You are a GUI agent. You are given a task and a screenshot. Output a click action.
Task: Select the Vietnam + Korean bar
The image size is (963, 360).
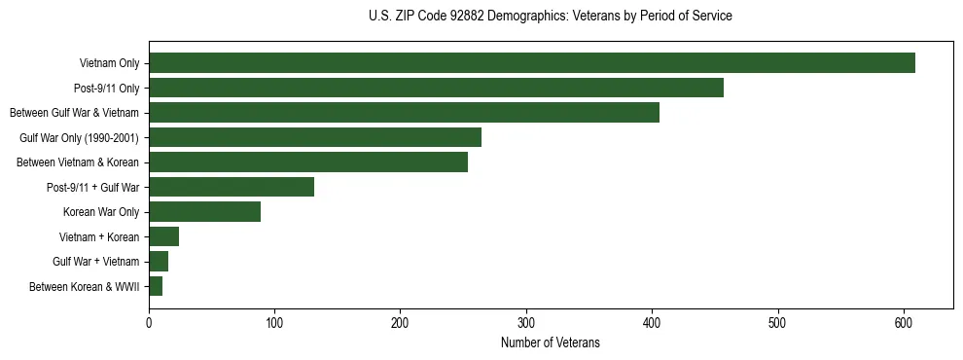coord(163,236)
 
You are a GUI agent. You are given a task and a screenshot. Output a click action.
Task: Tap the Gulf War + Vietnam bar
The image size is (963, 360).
coord(159,262)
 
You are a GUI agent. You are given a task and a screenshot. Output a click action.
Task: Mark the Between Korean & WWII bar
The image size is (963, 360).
coord(156,286)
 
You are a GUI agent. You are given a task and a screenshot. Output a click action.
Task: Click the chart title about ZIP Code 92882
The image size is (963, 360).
coord(551,17)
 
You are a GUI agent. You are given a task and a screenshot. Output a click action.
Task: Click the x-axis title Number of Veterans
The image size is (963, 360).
coord(551,343)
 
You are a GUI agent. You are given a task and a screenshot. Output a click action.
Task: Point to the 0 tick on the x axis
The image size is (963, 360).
coord(149,324)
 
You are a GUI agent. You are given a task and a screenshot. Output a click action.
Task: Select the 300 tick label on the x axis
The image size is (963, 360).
coord(526,324)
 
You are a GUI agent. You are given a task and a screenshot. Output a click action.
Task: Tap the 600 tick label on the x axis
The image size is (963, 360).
coord(904,324)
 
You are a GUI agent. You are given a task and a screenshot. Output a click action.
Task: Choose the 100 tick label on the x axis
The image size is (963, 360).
coord(274,324)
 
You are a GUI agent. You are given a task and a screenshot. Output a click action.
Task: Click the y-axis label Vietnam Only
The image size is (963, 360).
coord(109,64)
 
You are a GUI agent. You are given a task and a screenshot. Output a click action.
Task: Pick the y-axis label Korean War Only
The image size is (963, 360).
coord(101,212)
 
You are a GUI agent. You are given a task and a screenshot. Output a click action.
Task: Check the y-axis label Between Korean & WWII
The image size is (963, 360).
coord(84,287)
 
